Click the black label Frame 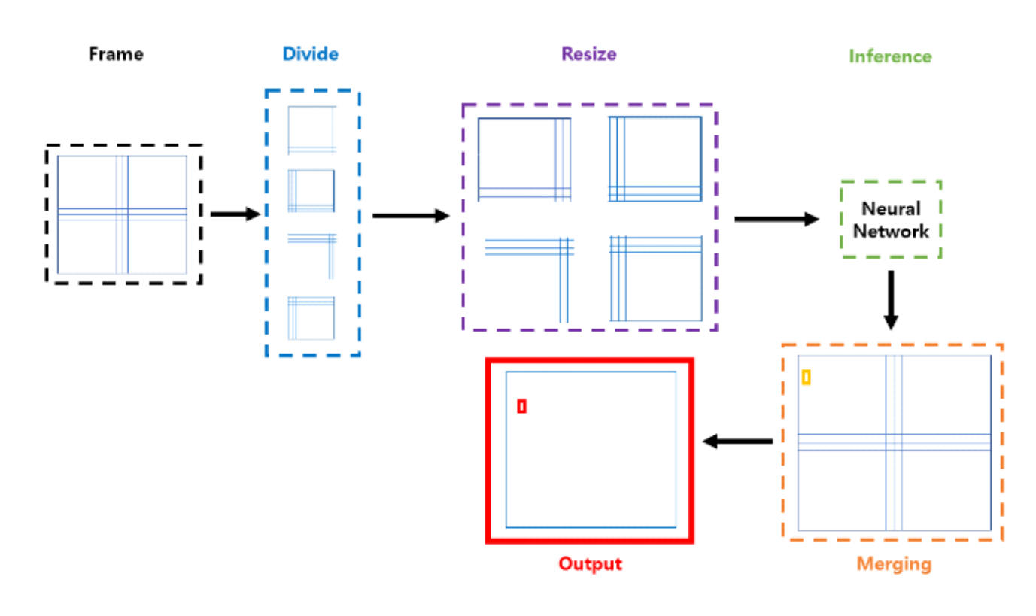coord(116,55)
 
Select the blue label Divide coord(310,54)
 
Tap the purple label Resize coord(589,54)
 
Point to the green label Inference coord(890,56)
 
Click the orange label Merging coord(895,563)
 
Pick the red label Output coord(590,563)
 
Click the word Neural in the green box coord(891,208)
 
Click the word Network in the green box coord(891,231)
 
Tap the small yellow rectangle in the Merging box coord(806,378)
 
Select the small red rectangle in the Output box coord(521,406)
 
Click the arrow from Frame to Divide coord(234,214)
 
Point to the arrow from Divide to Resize coord(410,216)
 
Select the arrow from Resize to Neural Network coord(776,219)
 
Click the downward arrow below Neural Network coord(891,299)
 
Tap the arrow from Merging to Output coord(737,442)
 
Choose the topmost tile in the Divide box coord(311,129)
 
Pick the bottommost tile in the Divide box coord(311,317)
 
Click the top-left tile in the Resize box coord(524,159)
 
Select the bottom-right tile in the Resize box coord(655,278)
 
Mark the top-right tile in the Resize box coord(655,159)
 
